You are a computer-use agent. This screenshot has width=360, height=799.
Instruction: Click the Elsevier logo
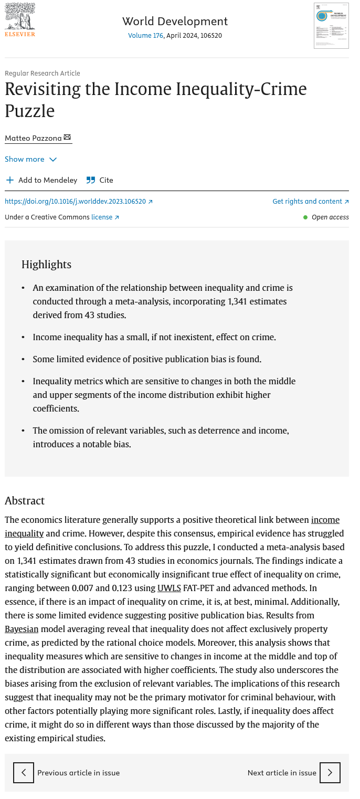(20, 20)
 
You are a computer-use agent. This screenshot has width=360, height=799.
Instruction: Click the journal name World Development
(175, 22)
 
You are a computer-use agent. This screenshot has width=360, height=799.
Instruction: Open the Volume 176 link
(145, 36)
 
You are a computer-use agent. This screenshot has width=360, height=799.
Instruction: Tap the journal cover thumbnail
(331, 26)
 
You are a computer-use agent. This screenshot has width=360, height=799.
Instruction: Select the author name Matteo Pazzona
(33, 138)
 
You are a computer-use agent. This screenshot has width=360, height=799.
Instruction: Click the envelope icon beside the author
(67, 138)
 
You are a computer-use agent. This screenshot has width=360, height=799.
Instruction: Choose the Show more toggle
(30, 159)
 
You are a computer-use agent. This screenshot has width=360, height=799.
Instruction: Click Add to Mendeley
(41, 180)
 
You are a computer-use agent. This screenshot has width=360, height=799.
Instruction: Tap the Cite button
(100, 180)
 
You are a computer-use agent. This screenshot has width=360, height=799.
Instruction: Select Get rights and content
(310, 202)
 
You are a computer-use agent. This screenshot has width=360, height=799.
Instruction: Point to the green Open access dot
(305, 217)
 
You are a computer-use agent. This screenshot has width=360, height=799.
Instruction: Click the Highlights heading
(46, 265)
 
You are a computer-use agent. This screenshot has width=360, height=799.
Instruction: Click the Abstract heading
(25, 500)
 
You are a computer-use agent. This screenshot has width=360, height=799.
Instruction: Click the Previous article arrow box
(24, 773)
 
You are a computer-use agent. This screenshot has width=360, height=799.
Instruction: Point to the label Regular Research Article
(43, 73)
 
